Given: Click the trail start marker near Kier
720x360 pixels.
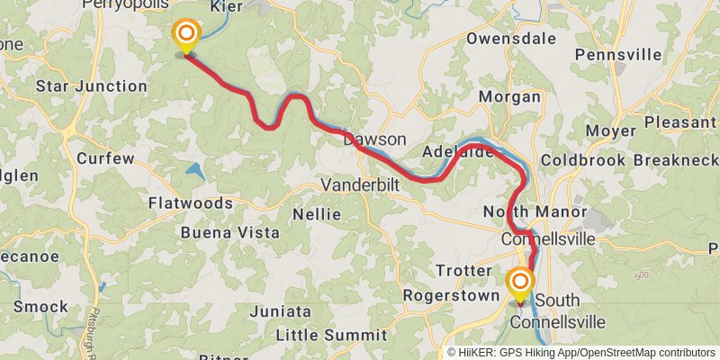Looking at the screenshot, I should pos(186,36).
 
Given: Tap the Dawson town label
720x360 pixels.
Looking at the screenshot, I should pos(374,140).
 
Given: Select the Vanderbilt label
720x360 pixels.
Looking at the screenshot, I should pos(361,184).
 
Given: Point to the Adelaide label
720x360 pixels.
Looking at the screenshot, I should pos(458,152).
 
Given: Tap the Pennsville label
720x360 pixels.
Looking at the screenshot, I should pos(618,55).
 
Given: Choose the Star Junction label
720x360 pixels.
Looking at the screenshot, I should pos(91,86).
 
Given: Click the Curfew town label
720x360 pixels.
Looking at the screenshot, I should pos(105,158).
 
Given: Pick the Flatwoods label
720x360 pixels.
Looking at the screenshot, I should pos(190,202).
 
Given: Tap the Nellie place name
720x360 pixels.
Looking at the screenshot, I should pos(317,214).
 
